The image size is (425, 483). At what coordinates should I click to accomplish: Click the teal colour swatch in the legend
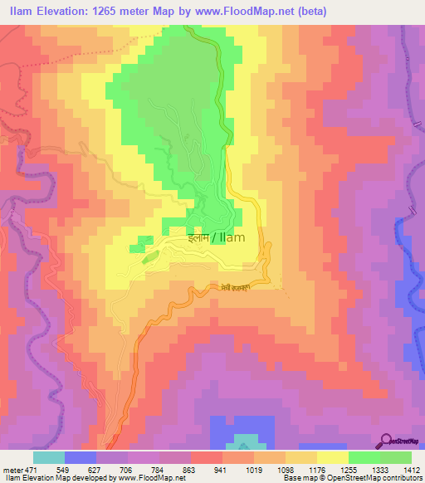click(49, 456)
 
